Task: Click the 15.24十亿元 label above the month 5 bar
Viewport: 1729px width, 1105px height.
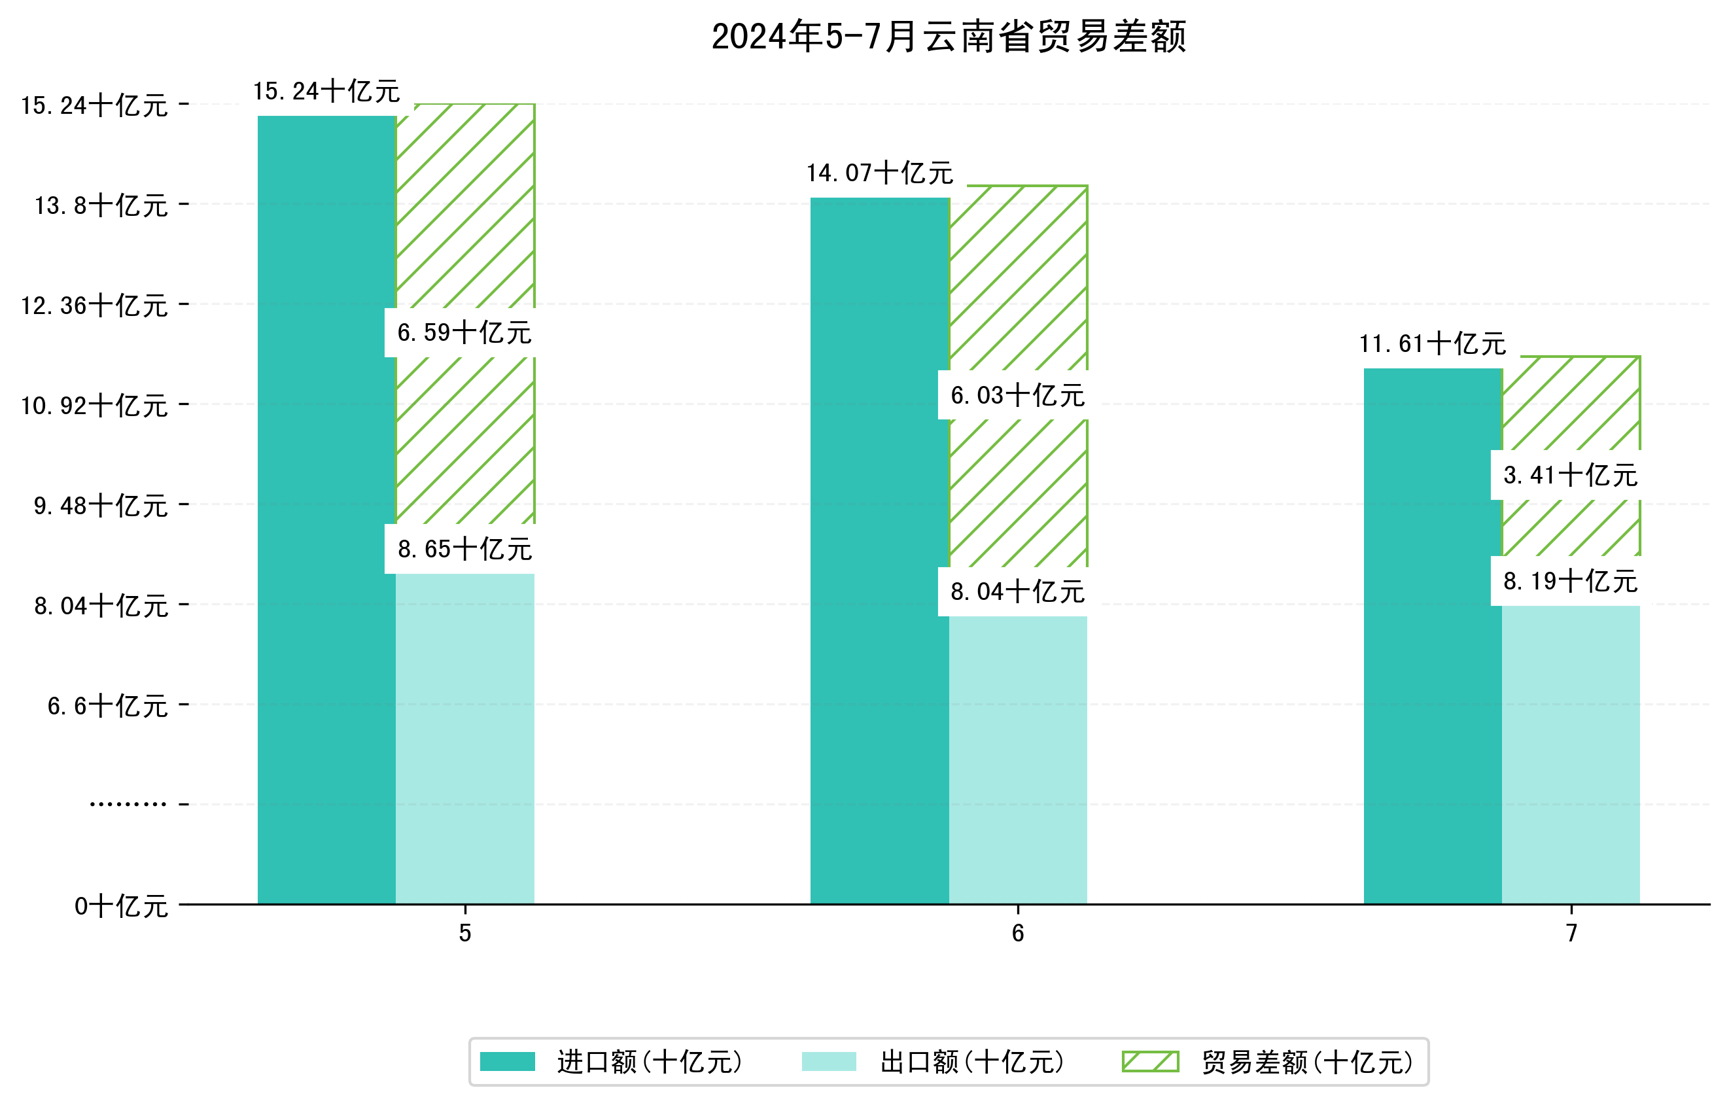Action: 326,91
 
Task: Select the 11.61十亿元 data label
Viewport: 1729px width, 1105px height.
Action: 1433,344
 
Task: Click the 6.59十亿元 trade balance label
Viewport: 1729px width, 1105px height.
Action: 464,332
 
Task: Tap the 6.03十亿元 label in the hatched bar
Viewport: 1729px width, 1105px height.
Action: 1017,395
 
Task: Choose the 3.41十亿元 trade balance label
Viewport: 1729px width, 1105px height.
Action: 1570,474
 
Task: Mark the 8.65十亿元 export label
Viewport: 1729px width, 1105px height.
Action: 464,550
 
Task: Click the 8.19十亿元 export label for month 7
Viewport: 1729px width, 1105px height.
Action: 1570,581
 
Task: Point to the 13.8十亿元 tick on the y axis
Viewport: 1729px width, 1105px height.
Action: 101,205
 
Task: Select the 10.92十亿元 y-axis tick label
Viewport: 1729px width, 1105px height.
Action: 94,406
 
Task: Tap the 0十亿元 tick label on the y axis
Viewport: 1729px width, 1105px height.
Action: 121,906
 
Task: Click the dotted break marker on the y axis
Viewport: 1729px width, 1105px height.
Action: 128,804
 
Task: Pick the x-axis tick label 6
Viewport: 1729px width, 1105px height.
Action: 1017,934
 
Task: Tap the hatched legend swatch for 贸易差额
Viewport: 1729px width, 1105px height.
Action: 1150,1061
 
